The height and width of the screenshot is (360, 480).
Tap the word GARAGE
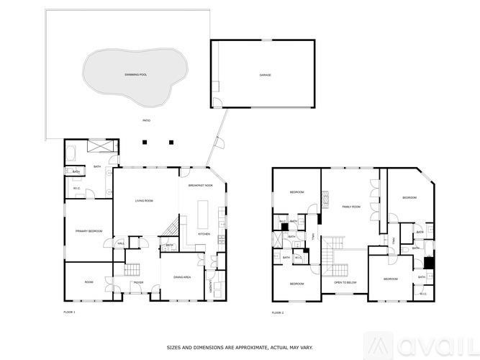point(265,74)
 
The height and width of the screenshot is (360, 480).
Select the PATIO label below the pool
point(146,120)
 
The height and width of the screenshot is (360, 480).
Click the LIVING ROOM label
point(145,201)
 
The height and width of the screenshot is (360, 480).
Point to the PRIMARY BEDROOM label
point(89,231)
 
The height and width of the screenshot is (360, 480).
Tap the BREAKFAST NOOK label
point(201,186)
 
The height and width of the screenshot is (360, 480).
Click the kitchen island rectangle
point(203,211)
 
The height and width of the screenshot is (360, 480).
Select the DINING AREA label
point(181,277)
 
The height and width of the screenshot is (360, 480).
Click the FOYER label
point(138,283)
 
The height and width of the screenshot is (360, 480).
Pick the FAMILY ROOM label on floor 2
point(350,207)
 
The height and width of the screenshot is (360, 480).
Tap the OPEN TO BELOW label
point(345,283)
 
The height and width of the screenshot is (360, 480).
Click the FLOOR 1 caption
point(69,312)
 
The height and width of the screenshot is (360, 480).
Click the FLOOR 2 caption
point(278,312)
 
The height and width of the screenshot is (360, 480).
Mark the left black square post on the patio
point(144,142)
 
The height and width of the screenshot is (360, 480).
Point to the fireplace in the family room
point(325,197)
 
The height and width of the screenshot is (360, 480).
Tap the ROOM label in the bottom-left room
point(89,282)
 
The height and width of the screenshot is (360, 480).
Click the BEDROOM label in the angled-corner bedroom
point(409,197)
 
